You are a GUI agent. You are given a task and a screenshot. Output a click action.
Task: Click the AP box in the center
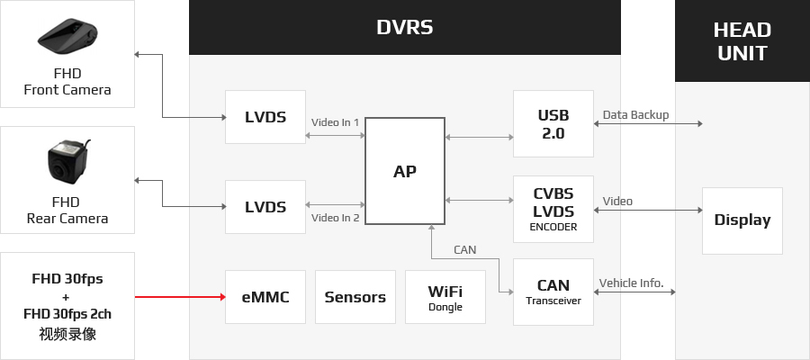(x=405, y=171)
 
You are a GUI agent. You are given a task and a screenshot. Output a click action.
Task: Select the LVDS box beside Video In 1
(x=265, y=117)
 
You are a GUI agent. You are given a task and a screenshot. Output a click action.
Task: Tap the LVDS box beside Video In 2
(x=265, y=207)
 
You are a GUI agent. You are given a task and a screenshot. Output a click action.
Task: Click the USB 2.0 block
(x=553, y=124)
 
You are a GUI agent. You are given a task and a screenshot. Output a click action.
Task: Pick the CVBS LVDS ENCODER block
(x=553, y=209)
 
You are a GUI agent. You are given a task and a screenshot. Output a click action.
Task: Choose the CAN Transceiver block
(x=553, y=292)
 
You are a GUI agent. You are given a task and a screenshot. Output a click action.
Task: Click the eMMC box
(x=265, y=297)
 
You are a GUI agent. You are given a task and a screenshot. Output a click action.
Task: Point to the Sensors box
(x=355, y=297)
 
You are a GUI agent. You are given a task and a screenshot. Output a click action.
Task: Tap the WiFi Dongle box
(x=445, y=297)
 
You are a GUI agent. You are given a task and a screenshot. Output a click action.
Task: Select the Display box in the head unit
(x=742, y=220)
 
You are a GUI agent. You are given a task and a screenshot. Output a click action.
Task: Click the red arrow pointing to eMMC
(x=180, y=297)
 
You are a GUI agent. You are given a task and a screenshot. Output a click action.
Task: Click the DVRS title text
(x=404, y=27)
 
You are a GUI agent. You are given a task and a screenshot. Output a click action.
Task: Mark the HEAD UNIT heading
(x=742, y=41)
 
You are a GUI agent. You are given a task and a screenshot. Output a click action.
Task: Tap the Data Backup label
(x=636, y=114)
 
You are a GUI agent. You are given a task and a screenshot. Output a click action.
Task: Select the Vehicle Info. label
(x=631, y=283)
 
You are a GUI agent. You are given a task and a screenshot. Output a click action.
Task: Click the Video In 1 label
(x=336, y=122)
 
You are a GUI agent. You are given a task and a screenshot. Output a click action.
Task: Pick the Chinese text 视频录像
(x=67, y=334)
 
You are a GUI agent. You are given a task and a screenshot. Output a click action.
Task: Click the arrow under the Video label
(x=648, y=211)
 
